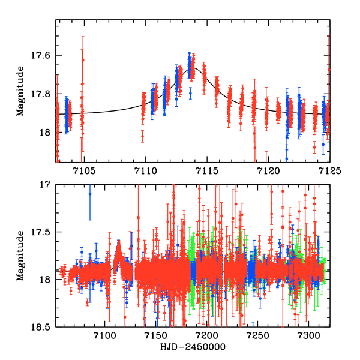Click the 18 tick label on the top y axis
pyautogui.click(x=45, y=133)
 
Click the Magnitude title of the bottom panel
pyautogui.click(x=21, y=256)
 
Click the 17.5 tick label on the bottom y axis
pyautogui.click(x=40, y=232)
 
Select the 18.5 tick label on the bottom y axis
pyautogui.click(x=40, y=327)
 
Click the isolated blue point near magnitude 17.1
pyautogui.click(x=90, y=194)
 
